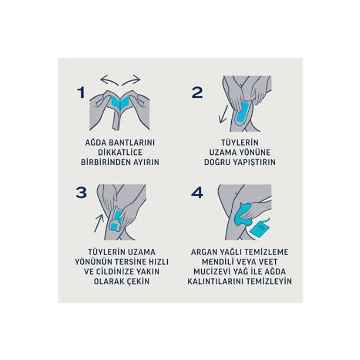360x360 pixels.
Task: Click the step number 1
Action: (x=81, y=93)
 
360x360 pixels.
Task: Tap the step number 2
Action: (x=197, y=93)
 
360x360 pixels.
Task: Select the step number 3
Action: (x=82, y=193)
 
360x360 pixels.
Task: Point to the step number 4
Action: (x=197, y=193)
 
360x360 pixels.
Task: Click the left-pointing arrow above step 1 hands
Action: (x=109, y=81)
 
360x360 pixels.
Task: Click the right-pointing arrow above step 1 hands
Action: (x=131, y=81)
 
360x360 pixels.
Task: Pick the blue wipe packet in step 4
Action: (x=259, y=229)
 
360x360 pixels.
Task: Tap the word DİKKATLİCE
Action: (x=120, y=152)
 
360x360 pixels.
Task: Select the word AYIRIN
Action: (x=146, y=162)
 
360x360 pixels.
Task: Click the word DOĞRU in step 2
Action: (x=217, y=162)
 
